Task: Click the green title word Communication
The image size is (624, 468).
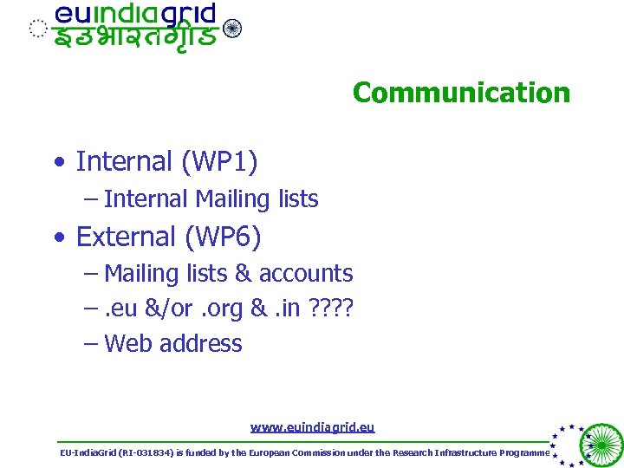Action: (x=461, y=93)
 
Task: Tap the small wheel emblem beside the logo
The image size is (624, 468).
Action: (x=232, y=29)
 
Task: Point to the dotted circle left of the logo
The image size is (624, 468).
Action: (x=37, y=29)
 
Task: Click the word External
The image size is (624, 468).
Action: (x=127, y=236)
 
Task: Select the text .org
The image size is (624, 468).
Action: (x=222, y=309)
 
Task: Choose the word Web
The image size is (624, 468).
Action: (x=128, y=344)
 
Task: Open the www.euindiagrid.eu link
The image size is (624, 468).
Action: (x=312, y=427)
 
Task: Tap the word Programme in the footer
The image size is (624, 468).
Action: (x=523, y=452)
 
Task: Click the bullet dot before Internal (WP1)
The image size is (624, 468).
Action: (x=55, y=162)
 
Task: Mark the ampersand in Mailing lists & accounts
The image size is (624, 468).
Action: (x=243, y=274)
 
